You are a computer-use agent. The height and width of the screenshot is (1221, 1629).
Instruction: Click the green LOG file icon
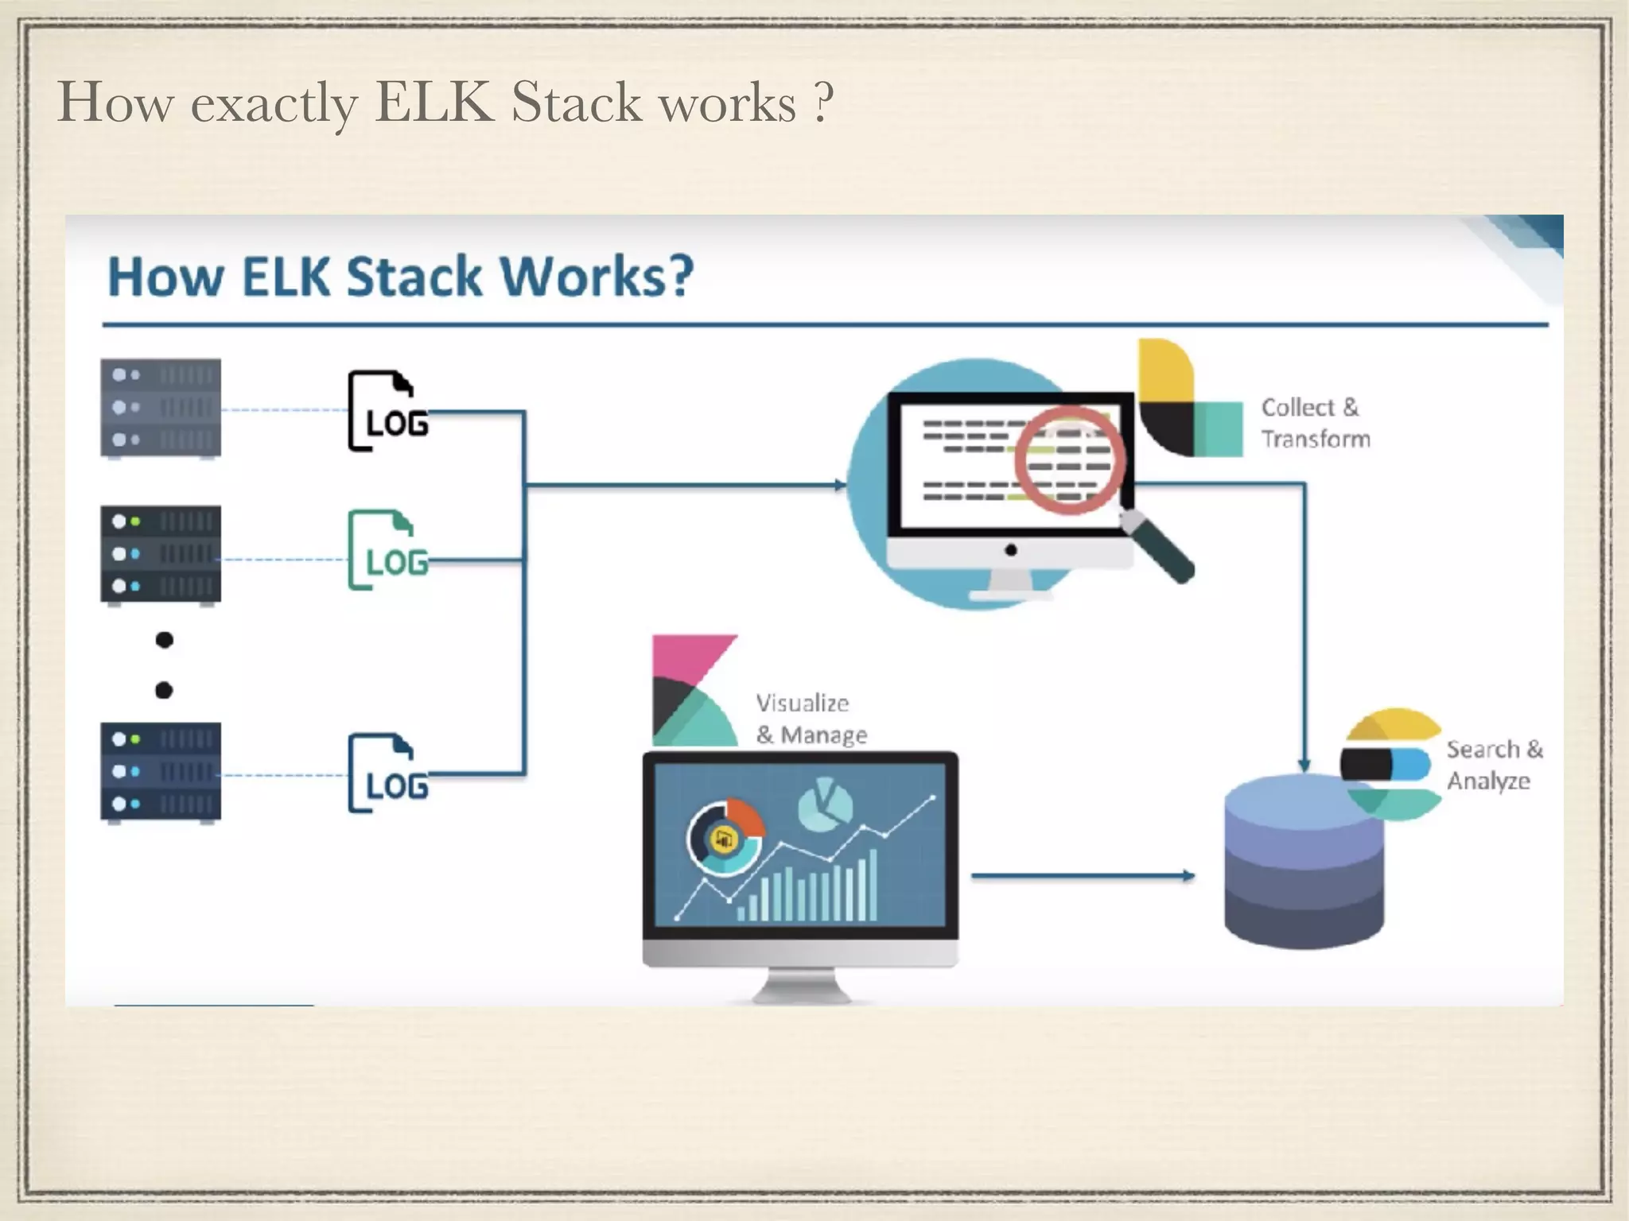coord(387,550)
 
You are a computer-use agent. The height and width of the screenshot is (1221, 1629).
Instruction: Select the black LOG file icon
coord(387,411)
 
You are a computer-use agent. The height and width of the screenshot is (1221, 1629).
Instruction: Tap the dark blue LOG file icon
coord(387,773)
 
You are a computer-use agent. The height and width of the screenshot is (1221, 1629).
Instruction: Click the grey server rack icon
coord(161,409)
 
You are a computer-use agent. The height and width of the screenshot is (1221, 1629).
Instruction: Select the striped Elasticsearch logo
coord(1392,764)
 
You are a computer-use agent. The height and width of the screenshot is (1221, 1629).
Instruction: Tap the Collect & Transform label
coord(1315,423)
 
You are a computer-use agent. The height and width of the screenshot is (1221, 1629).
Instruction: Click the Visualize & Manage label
coord(810,719)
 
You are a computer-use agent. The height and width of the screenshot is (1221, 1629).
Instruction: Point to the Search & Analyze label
coord(1493,765)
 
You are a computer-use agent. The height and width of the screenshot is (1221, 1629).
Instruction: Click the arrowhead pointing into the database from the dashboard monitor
coord(1188,876)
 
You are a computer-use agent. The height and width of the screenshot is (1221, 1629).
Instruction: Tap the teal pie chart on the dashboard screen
coord(825,804)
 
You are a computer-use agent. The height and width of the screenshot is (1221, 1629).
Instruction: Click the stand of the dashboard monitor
coord(800,986)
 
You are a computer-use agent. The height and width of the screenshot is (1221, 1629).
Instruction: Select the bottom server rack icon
coord(161,771)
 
